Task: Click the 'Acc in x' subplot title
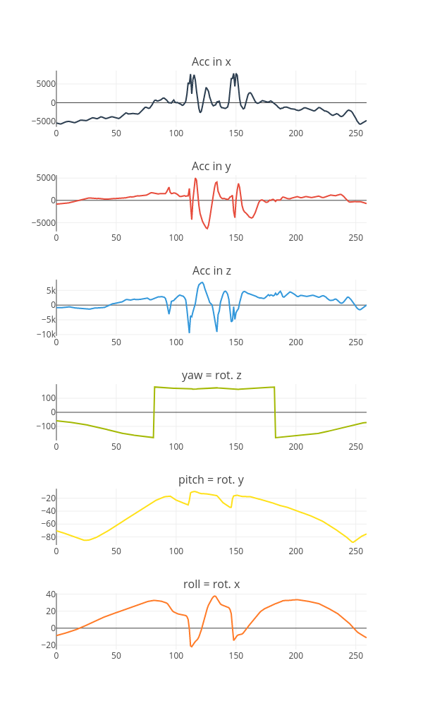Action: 211,61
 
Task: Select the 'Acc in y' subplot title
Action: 211,166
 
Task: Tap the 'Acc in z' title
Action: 211,270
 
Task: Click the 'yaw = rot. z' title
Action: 211,375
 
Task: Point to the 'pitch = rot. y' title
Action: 211,479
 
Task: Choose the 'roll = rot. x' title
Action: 211,584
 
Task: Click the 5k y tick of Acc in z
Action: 50,290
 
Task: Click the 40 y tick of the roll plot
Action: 51,594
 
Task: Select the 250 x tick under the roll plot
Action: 355,655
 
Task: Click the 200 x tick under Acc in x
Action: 296,133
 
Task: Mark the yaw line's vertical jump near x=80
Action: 154,412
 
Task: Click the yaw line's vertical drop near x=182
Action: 275,412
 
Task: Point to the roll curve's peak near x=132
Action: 215,596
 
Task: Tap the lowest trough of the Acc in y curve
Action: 207,229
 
